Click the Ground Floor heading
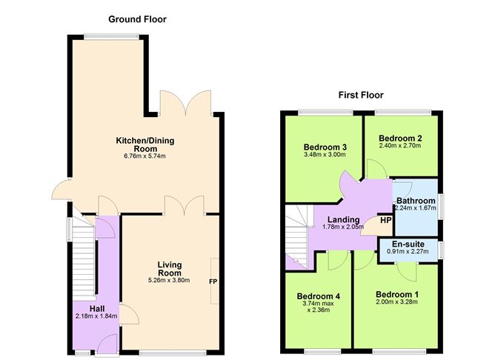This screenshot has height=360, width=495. pyautogui.click(x=137, y=19)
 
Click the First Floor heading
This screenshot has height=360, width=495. pyautogui.click(x=361, y=95)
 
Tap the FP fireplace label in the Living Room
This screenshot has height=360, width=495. pyautogui.click(x=213, y=281)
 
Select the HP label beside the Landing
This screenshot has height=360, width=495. pyautogui.click(x=385, y=220)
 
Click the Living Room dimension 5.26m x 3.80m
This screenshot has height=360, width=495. pyautogui.click(x=170, y=280)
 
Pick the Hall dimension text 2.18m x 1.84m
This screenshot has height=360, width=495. pyautogui.click(x=96, y=316)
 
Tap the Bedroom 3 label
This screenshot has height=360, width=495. pyautogui.click(x=321, y=147)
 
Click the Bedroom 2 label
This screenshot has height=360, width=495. pyautogui.click(x=400, y=138)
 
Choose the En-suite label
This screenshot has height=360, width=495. pyautogui.click(x=407, y=243)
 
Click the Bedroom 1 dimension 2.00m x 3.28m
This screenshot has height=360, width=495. pyautogui.click(x=397, y=301)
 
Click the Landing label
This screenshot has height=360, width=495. pyautogui.click(x=344, y=219)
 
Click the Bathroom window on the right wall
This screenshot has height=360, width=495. pyautogui.click(x=442, y=205)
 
